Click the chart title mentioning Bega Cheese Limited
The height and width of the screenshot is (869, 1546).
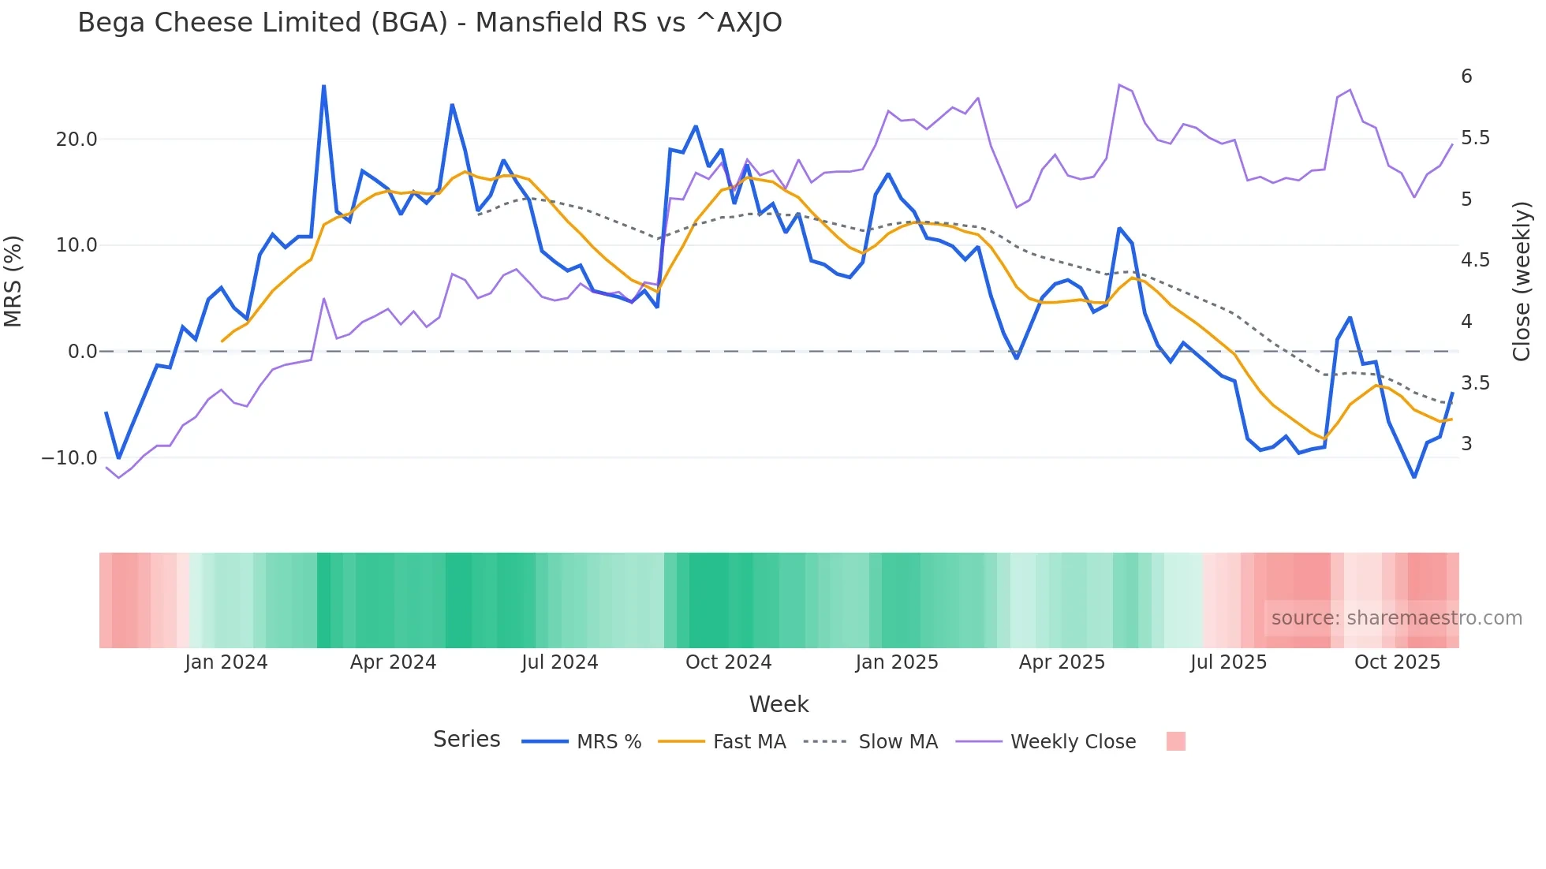pyautogui.click(x=429, y=23)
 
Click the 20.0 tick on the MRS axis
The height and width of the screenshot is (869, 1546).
pyautogui.click(x=76, y=140)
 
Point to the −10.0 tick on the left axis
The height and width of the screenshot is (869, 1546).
pyautogui.click(x=69, y=458)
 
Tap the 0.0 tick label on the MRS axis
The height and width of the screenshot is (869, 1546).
pyautogui.click(x=82, y=352)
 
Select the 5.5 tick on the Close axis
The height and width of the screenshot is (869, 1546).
pyautogui.click(x=1475, y=138)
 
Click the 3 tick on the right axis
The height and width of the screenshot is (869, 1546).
pyautogui.click(x=1466, y=444)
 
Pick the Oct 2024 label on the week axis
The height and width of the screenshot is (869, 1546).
pyautogui.click(x=728, y=662)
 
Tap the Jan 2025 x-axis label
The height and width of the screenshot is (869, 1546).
pyautogui.click(x=897, y=662)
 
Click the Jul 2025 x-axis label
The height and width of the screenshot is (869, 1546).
pyautogui.click(x=1228, y=662)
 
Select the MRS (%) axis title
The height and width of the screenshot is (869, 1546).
pyautogui.click(x=13, y=282)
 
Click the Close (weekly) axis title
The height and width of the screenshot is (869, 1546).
pyautogui.click(x=1522, y=282)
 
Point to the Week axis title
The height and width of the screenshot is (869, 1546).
pyautogui.click(x=779, y=704)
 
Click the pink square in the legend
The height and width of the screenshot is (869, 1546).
pyautogui.click(x=1175, y=742)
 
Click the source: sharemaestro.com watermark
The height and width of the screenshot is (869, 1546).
pyautogui.click(x=1396, y=618)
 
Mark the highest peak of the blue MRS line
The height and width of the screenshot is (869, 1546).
pyautogui.click(x=323, y=86)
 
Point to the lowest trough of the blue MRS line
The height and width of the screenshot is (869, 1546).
pyautogui.click(x=1414, y=477)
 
